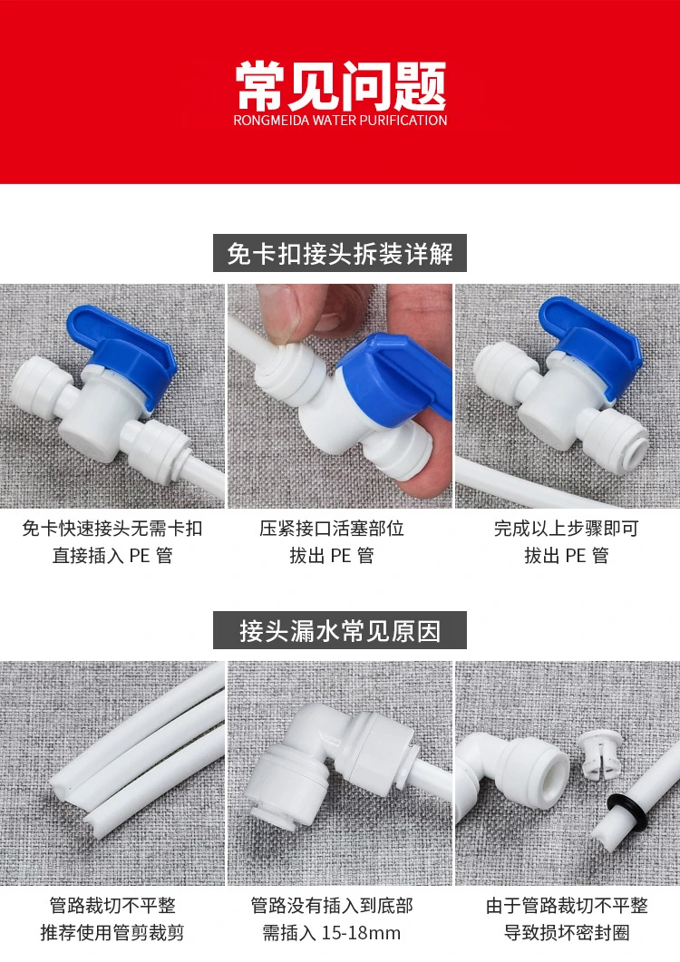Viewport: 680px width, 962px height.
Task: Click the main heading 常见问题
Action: (340, 85)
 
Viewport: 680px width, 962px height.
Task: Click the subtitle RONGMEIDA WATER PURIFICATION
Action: (340, 120)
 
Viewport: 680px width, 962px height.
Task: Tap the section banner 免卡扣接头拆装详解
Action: (339, 253)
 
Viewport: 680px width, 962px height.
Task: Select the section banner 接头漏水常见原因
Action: (339, 630)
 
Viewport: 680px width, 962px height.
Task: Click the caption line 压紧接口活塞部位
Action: (332, 529)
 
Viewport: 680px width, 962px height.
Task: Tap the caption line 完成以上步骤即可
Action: (566, 529)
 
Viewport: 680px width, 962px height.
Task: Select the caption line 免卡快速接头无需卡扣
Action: (112, 529)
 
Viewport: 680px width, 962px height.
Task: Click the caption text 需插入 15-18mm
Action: (332, 933)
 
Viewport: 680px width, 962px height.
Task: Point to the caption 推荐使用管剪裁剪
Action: (112, 933)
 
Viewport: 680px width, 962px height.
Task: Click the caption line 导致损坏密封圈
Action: (567, 933)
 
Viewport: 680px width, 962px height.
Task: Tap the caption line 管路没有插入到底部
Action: (332, 906)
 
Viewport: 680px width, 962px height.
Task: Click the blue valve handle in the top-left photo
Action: (122, 344)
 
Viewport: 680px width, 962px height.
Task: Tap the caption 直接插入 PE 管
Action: (112, 555)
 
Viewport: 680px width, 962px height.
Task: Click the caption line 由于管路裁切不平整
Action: (567, 906)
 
